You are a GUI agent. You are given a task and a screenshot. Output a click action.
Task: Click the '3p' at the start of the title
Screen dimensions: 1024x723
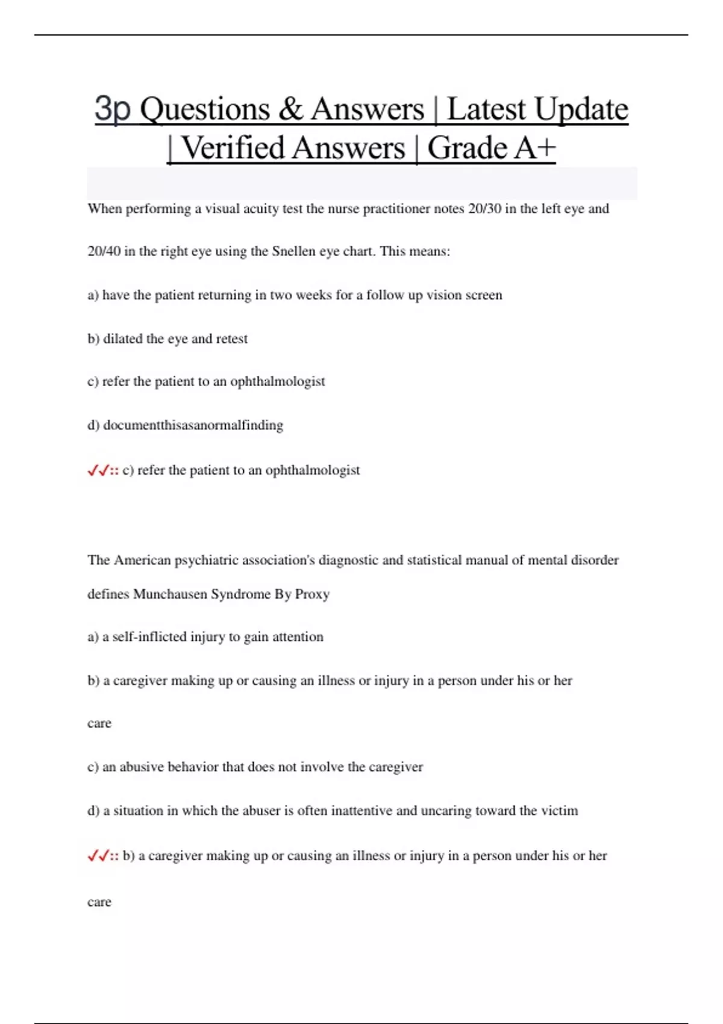pyautogui.click(x=112, y=109)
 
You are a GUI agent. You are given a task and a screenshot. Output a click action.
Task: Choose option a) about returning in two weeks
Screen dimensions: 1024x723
pyautogui.click(x=295, y=295)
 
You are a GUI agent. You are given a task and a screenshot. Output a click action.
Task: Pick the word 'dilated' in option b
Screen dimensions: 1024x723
pyautogui.click(x=123, y=339)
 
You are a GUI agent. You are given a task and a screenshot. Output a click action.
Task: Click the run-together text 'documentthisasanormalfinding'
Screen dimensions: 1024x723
pyautogui.click(x=193, y=425)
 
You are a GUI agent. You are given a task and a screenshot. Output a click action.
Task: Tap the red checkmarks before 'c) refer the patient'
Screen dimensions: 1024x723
pyautogui.click(x=98, y=471)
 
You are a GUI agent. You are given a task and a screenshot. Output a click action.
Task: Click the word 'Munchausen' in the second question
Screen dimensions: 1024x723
pyautogui.click(x=170, y=595)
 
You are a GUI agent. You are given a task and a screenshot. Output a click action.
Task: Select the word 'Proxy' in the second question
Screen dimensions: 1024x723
pyautogui.click(x=312, y=595)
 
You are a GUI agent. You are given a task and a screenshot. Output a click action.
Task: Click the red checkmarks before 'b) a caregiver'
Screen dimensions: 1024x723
pyautogui.click(x=98, y=856)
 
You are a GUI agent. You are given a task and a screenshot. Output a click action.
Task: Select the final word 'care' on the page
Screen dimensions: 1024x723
pyautogui.click(x=99, y=902)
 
